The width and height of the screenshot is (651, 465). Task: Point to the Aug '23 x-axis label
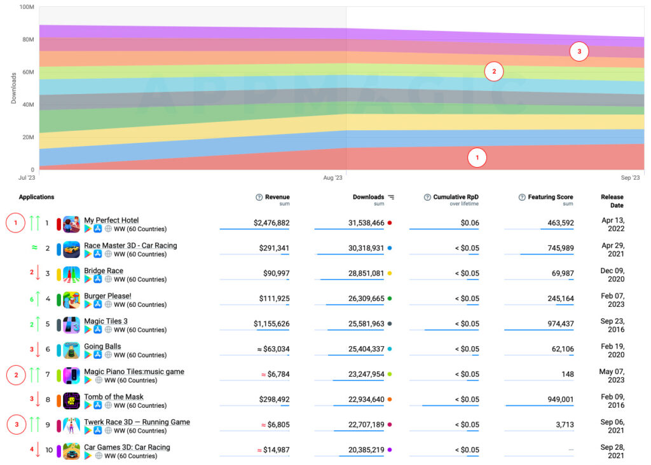pos(333,178)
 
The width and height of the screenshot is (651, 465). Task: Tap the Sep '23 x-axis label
pos(630,178)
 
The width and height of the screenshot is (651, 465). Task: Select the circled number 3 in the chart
pos(579,51)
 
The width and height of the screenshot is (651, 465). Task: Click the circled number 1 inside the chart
pos(477,158)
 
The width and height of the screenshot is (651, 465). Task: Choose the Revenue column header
pos(277,198)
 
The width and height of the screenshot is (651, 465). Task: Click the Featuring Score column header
pos(550,198)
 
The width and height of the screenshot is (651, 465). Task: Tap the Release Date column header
pos(612,201)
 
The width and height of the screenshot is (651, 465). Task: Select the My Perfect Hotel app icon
pos(71,224)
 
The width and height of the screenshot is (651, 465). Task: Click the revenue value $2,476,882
pos(271,223)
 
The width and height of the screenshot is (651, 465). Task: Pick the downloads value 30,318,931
pos(357,248)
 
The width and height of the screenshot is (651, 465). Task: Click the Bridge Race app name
pos(104,271)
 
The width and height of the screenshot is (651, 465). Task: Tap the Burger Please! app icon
pos(71,300)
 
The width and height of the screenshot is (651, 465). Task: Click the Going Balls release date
pos(612,351)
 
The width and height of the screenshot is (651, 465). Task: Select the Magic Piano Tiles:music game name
pos(134,372)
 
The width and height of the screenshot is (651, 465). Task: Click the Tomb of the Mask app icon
pos(71,401)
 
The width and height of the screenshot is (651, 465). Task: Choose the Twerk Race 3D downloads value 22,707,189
pos(357,425)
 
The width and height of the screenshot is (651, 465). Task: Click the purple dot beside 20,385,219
pos(390,450)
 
